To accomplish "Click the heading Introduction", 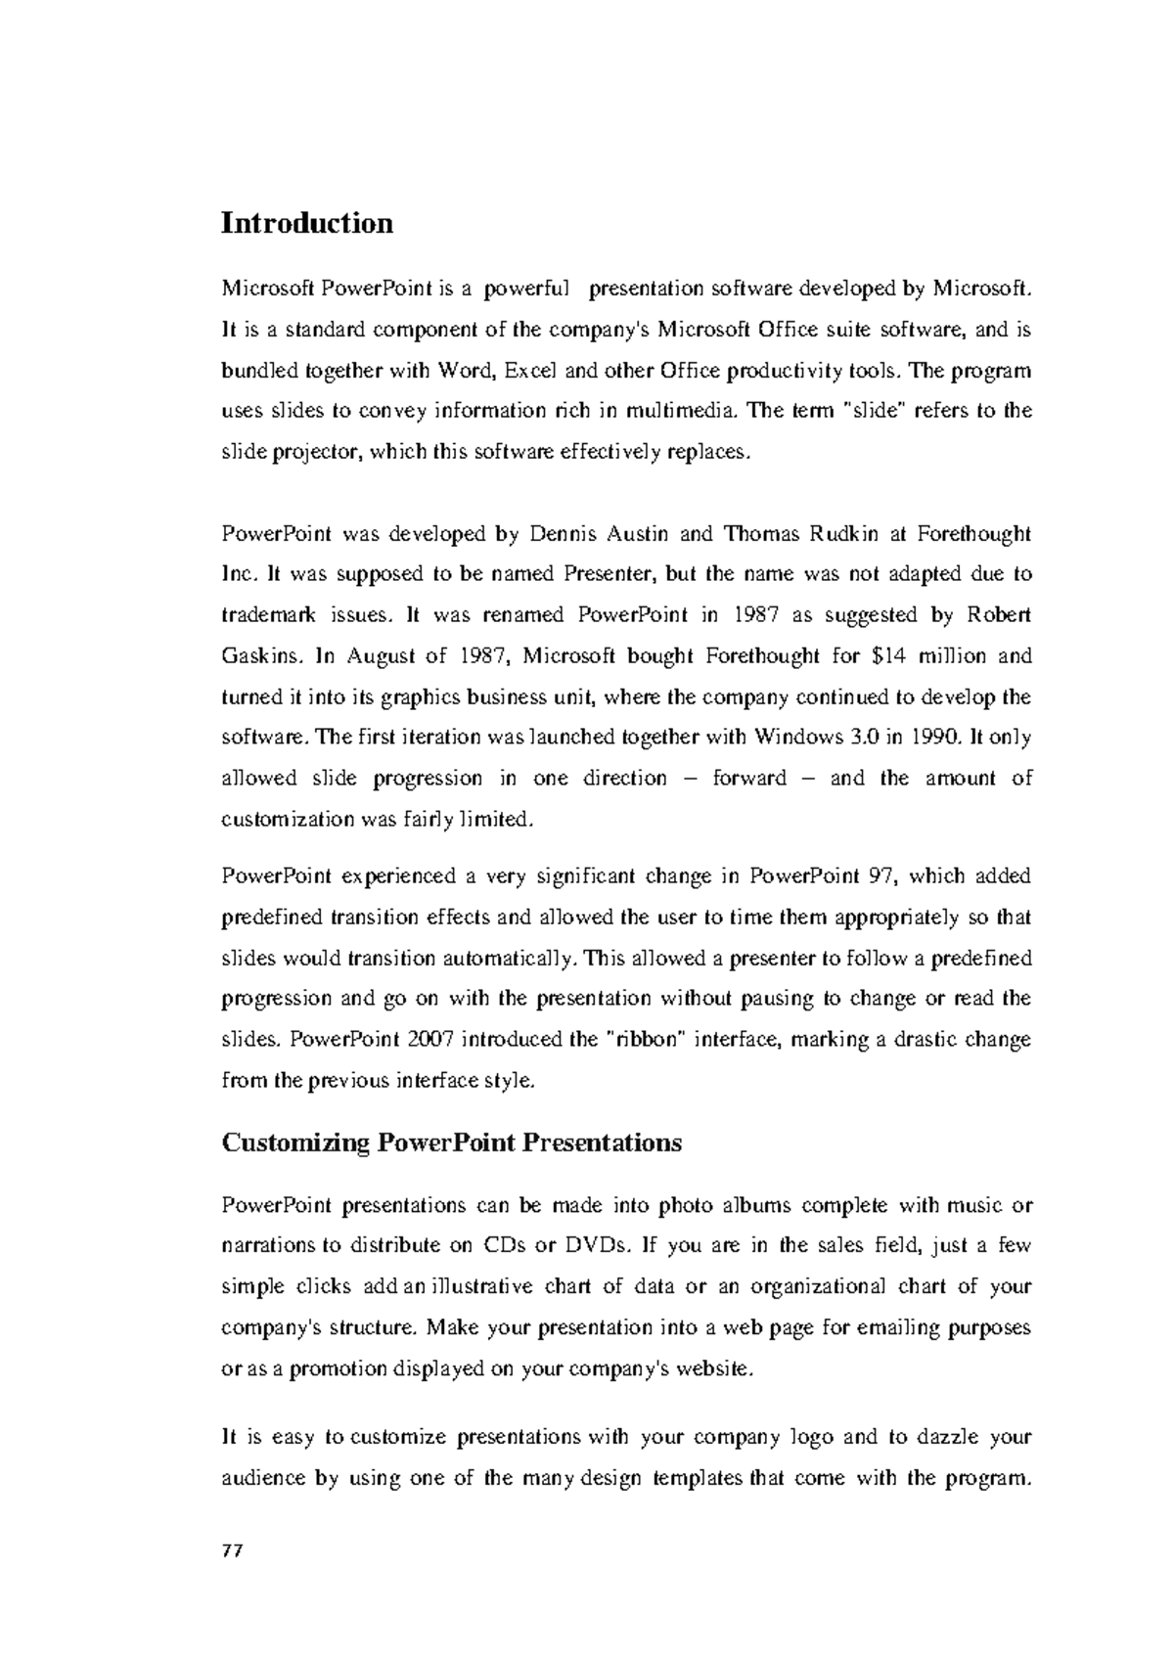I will [307, 223].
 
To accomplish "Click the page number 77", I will [232, 1551].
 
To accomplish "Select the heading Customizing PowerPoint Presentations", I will [452, 1143].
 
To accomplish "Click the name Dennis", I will [562, 534].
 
